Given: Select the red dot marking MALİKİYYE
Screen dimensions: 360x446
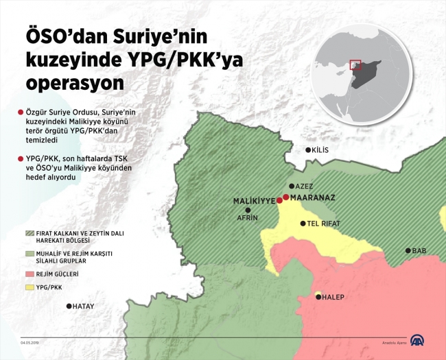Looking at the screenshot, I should [x=279, y=201].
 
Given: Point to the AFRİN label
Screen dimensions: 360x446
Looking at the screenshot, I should [x=247, y=217].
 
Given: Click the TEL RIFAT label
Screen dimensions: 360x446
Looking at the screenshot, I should [x=322, y=224].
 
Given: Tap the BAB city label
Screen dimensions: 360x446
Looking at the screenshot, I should [x=419, y=251].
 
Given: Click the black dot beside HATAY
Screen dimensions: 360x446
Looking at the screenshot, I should [x=69, y=307].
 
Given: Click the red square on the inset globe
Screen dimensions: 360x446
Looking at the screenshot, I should [x=355, y=65].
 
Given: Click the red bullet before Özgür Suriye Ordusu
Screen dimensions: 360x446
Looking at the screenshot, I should [x=21, y=111].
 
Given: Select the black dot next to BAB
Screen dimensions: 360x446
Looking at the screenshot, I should [x=408, y=251].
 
